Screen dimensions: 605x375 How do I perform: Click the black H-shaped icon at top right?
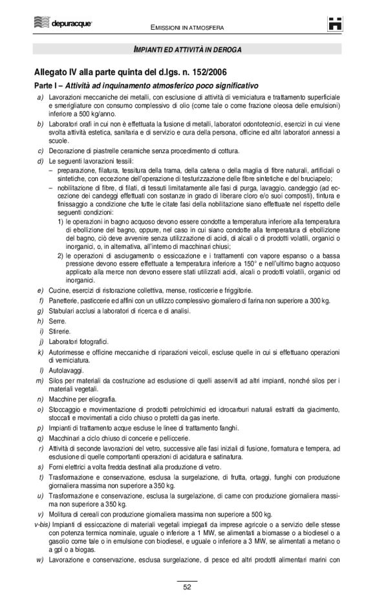[x=335, y=23]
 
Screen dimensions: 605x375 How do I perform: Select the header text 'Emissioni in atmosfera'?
[x=187, y=28]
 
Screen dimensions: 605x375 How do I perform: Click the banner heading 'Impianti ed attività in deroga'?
[x=187, y=49]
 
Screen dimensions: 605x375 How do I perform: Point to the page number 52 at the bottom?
[x=187, y=588]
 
